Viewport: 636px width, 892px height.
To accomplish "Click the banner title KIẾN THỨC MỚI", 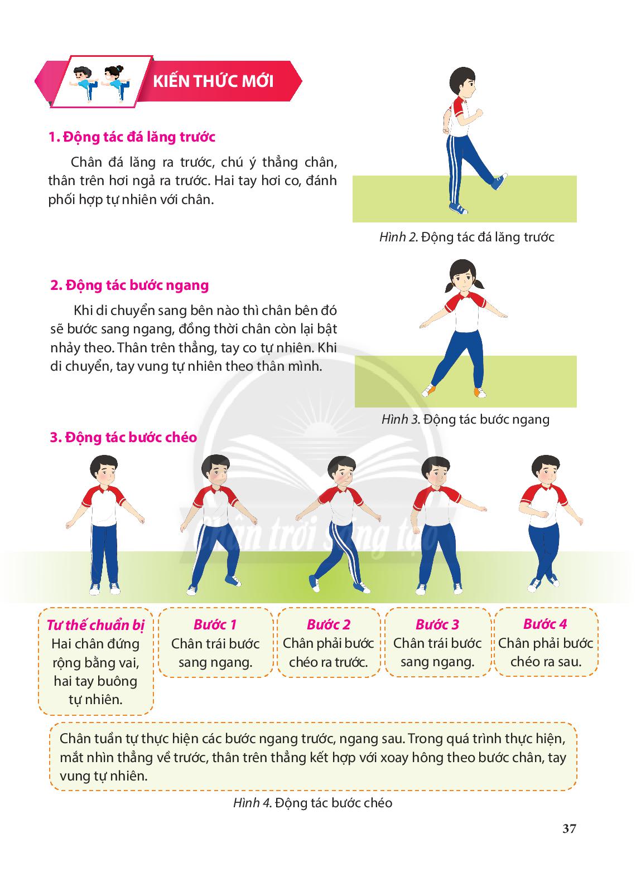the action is click(213, 81).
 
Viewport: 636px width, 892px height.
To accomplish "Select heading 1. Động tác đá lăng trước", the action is click(132, 137).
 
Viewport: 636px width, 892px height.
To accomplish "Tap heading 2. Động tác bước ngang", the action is click(129, 285).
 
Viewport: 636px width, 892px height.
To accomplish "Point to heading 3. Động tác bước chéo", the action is click(123, 437).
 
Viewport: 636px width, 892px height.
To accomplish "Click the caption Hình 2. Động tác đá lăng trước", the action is click(466, 237).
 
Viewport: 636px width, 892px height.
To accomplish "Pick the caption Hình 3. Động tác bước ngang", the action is click(465, 419).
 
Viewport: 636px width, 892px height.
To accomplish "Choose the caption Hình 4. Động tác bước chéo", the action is click(313, 803).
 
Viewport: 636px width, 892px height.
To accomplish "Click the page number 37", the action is click(569, 828).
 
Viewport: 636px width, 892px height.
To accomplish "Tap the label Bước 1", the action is click(215, 624).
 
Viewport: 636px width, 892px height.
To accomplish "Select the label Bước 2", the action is click(329, 624).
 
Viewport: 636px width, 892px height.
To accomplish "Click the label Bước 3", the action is click(437, 624).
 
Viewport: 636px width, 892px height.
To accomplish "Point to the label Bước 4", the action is click(545, 624).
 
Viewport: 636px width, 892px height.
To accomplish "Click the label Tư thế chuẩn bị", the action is click(95, 625).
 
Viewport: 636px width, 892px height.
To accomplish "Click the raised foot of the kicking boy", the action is click(499, 182).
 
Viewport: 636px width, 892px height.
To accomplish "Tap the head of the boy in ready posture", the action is click(104, 471).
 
